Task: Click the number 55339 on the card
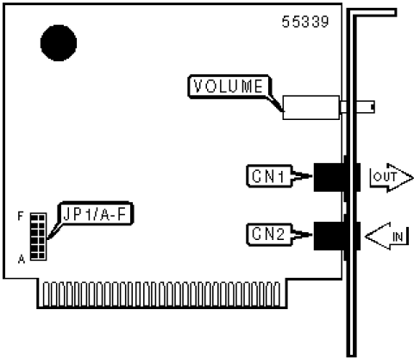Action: [x=305, y=22]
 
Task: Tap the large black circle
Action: [x=59, y=43]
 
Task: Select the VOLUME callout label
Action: [x=229, y=86]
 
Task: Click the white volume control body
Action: [x=311, y=107]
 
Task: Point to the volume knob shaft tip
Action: [x=373, y=107]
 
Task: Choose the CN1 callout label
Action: [x=269, y=176]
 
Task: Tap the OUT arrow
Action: [x=392, y=178]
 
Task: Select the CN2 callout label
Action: [x=269, y=235]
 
